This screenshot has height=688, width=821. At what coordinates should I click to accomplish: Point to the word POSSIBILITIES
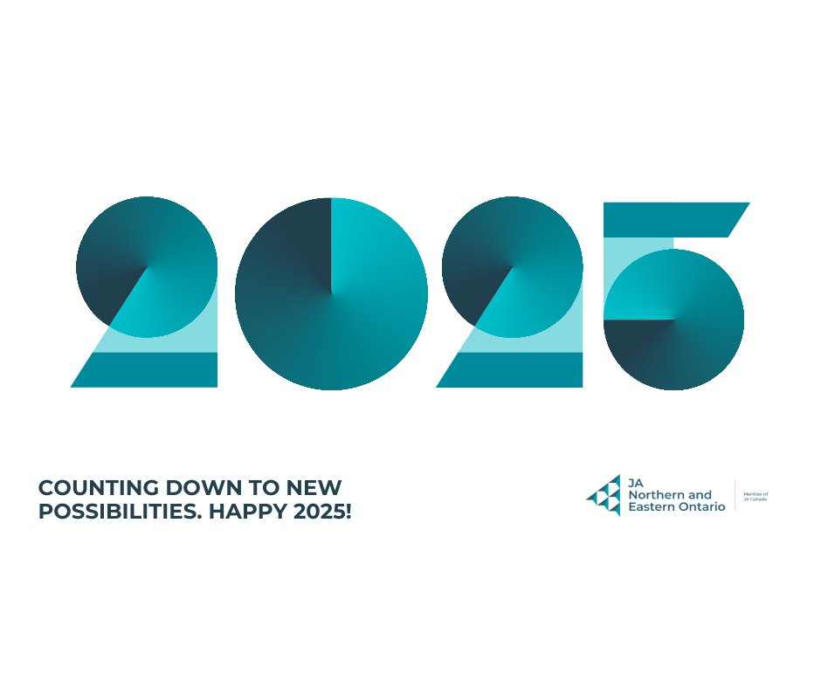click(x=112, y=513)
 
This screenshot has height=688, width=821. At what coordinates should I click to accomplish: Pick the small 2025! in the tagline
click(x=323, y=513)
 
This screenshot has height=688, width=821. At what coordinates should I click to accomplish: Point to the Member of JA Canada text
click(x=755, y=496)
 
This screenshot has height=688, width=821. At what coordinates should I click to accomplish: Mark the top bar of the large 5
click(x=673, y=219)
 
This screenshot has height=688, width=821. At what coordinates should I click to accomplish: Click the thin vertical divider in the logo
click(x=735, y=496)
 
